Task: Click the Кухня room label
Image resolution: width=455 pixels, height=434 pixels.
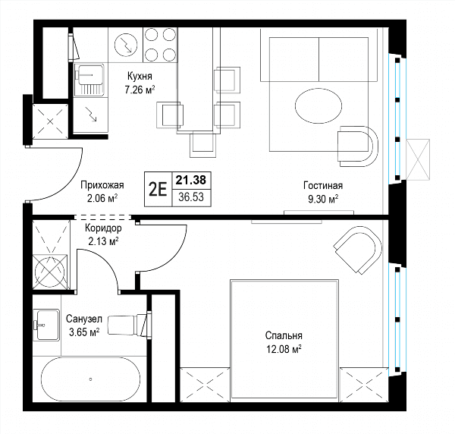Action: coord(140,77)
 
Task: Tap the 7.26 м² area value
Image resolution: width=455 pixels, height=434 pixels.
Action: coord(140,90)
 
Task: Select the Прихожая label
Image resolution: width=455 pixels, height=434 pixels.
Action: coord(102,185)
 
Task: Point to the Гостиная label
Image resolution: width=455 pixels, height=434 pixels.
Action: coord(323,185)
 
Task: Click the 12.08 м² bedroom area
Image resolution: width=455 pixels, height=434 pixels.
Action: coord(284,349)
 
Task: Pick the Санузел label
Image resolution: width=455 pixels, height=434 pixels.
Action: coord(84,319)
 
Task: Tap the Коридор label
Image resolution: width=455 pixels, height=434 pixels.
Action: coord(103,228)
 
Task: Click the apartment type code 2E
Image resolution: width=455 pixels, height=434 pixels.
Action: coord(158,190)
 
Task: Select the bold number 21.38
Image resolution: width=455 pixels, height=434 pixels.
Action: coord(191,181)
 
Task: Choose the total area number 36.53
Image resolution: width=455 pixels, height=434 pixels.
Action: coord(191,197)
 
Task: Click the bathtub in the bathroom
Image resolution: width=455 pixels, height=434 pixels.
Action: coord(91,379)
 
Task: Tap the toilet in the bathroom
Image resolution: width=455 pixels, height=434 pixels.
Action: coord(130,324)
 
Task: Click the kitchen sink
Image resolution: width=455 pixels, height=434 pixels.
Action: coord(89,80)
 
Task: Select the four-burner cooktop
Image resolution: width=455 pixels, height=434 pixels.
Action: coord(160,45)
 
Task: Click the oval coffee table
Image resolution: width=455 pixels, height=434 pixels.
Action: coord(318,106)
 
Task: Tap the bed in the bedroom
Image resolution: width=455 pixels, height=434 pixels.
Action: coord(284,326)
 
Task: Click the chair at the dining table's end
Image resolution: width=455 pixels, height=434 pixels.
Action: coord(202,144)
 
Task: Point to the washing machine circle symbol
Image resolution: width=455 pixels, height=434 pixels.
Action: coord(49,272)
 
